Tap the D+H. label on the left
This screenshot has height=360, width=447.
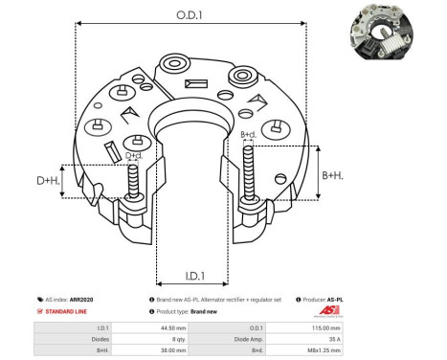(47, 180)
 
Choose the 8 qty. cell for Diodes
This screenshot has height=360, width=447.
(181, 339)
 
